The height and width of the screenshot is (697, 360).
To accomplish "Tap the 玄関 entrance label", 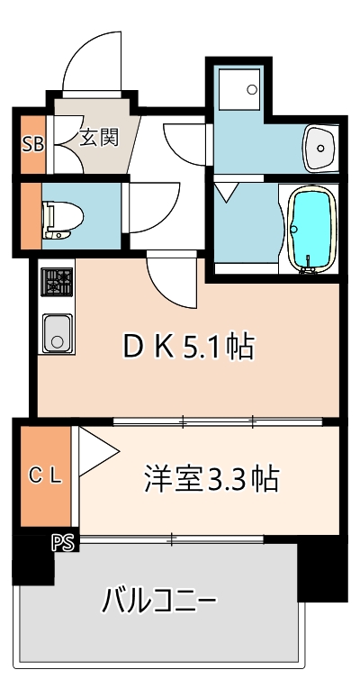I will pos(98,138).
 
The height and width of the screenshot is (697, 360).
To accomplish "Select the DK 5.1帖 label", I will pos(188,346).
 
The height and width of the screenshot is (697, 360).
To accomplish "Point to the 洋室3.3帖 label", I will pos(211,477).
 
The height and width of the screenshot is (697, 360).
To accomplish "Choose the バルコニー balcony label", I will pos(159,598).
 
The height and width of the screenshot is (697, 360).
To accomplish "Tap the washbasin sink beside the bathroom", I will pos(319,147).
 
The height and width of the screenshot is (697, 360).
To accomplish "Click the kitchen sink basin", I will pos(57,334).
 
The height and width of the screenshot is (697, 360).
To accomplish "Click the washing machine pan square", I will pos(240,90).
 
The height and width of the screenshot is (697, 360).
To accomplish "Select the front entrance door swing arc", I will pos(90,63).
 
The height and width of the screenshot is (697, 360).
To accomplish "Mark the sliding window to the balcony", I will pos(171,539).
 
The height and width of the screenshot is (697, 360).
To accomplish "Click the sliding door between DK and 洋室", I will pos(216,421).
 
